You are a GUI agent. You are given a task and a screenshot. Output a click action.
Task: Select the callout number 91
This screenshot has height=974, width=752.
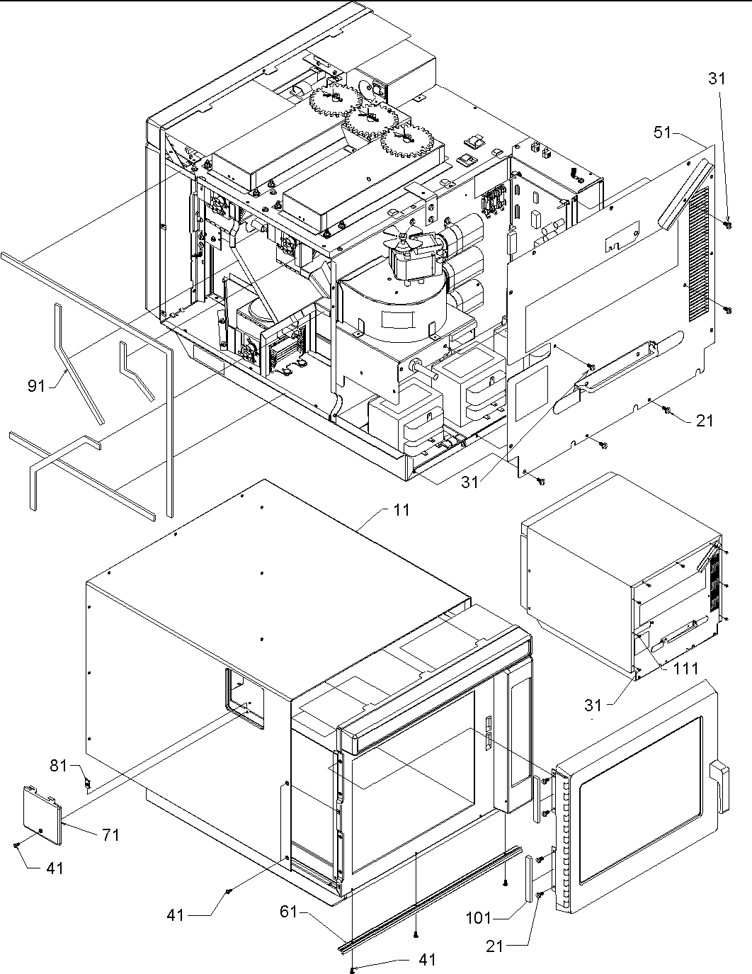[x=36, y=385]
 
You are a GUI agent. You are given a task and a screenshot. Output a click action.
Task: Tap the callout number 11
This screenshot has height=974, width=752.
[x=401, y=510]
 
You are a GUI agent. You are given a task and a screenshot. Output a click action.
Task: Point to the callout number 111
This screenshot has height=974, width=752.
[x=685, y=668]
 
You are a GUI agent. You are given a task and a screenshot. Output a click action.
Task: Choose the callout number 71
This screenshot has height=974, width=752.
[x=110, y=835]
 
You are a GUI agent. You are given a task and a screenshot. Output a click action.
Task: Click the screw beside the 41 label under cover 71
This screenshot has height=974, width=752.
[x=16, y=845]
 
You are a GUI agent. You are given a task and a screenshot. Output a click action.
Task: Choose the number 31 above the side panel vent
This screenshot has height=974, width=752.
[x=717, y=79]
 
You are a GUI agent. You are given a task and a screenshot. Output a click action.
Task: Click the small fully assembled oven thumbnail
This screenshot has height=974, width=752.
[x=623, y=574]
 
